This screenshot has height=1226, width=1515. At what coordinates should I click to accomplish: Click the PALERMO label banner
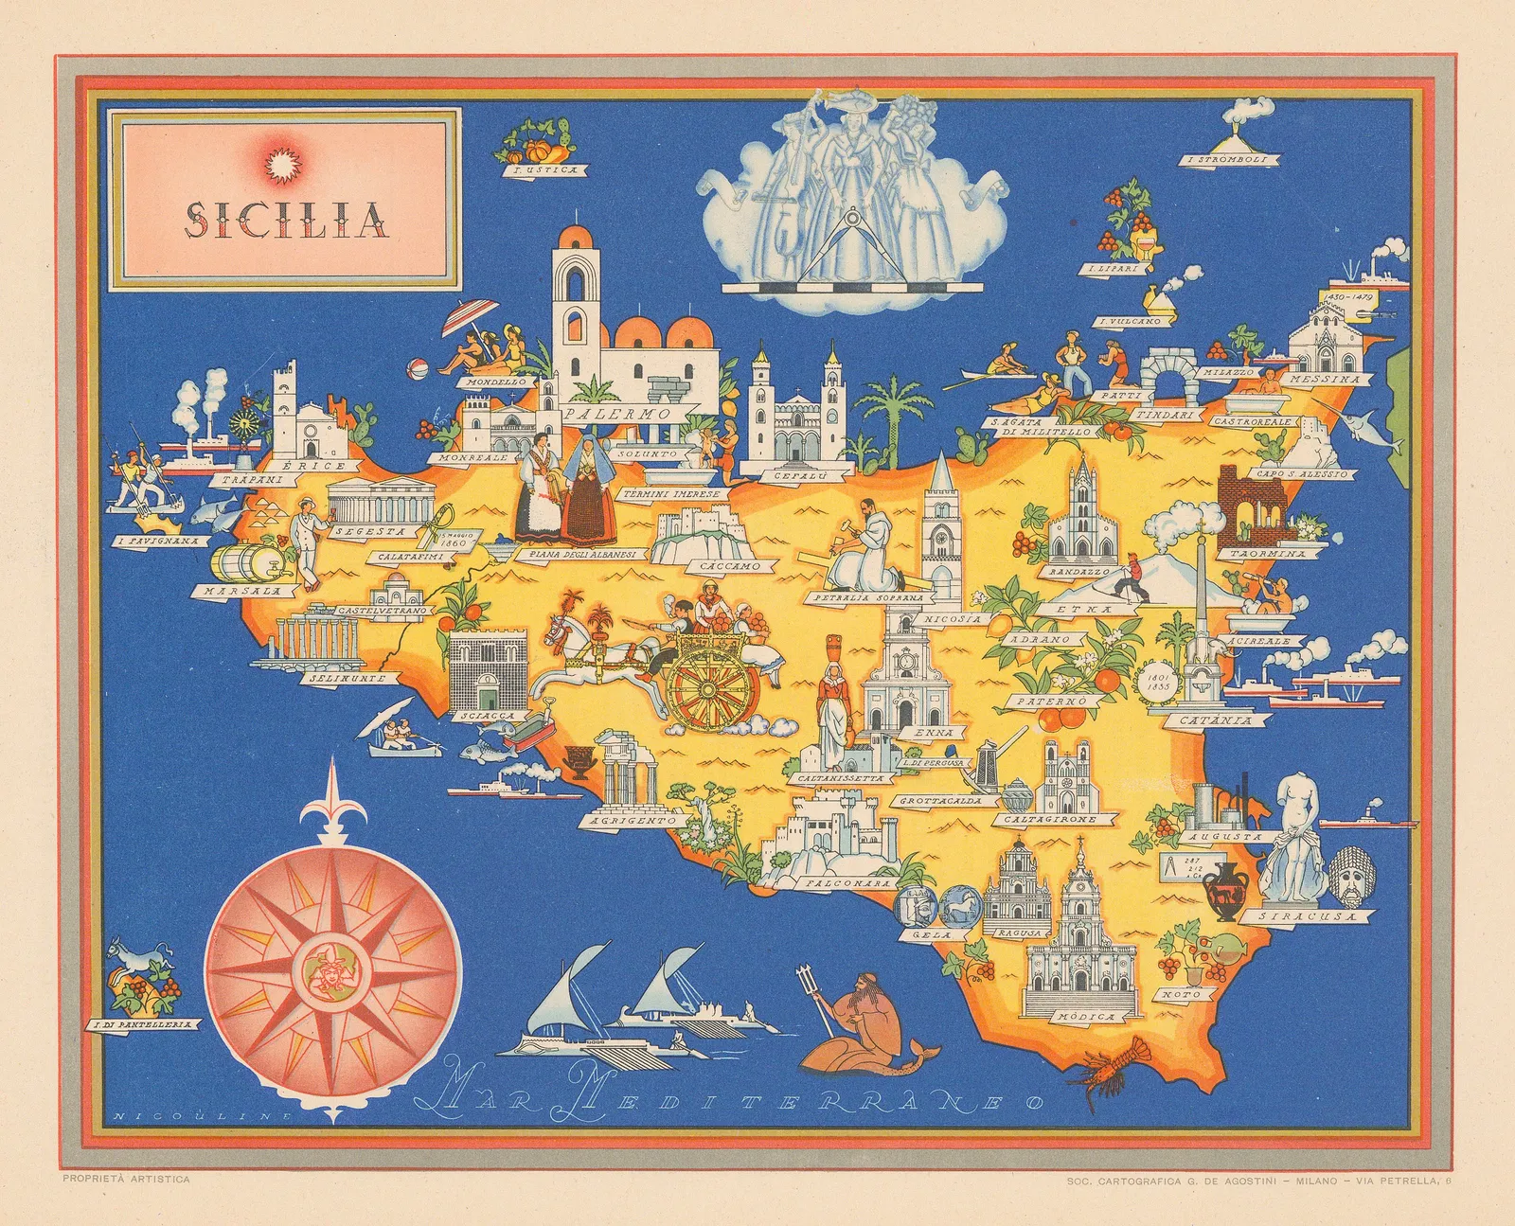tap(615, 415)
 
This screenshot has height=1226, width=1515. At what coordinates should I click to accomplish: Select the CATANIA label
tap(1227, 720)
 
